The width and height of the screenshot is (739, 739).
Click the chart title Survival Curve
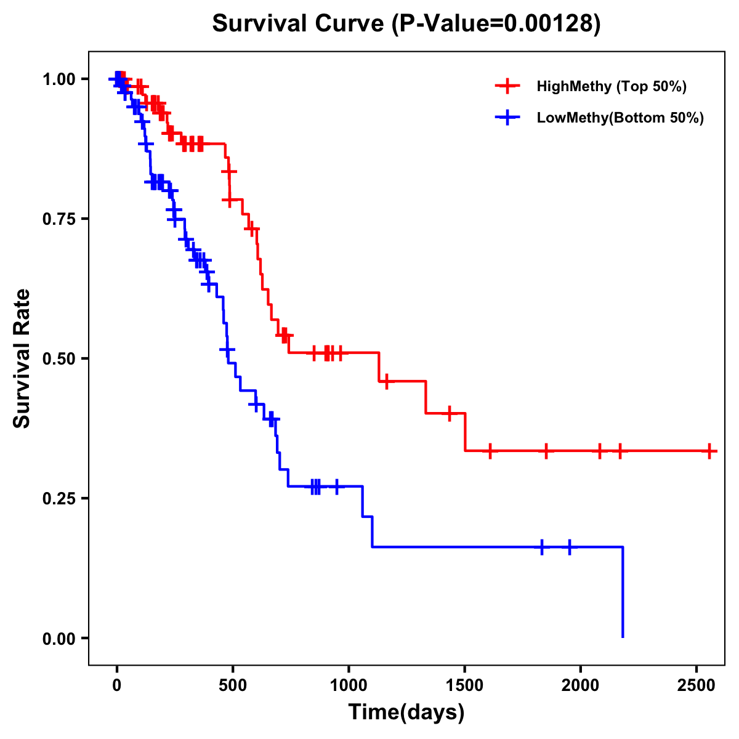point(406,24)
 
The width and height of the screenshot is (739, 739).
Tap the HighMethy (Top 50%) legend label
point(611,86)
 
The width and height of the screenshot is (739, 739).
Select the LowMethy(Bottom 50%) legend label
point(620,118)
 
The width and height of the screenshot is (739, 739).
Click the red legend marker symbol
point(507,86)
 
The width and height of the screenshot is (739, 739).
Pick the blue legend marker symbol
point(507,118)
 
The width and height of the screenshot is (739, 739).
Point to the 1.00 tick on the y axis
point(59,79)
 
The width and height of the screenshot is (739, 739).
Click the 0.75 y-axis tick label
point(59,219)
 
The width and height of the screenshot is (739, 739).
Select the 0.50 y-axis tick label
point(59,358)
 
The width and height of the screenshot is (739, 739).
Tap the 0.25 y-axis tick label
point(59,498)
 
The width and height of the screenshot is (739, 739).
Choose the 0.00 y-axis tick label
point(59,638)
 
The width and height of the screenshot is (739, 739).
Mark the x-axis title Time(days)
point(406,713)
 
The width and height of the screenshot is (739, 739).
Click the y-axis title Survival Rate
point(22,358)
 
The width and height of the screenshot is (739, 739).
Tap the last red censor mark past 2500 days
point(709,451)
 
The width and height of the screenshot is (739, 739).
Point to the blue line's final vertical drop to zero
point(623,591)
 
